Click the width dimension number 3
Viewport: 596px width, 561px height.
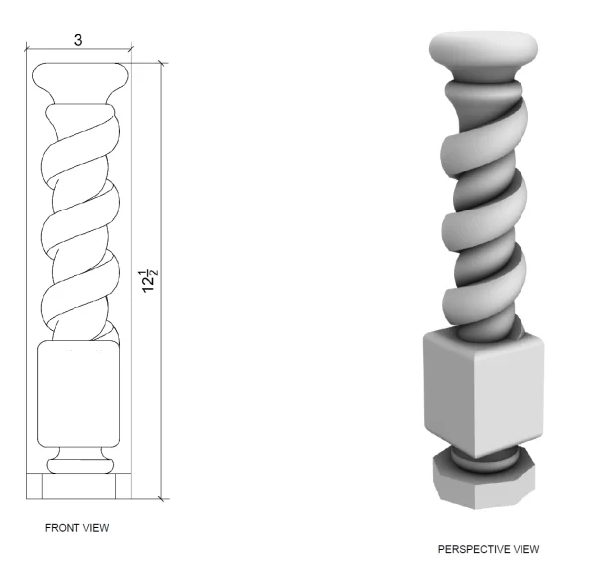pyautogui.click(x=78, y=40)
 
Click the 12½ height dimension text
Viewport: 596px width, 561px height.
pyautogui.click(x=149, y=281)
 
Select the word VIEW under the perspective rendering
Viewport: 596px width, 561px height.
pyautogui.click(x=526, y=549)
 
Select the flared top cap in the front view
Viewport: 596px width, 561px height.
pyautogui.click(x=80, y=81)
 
